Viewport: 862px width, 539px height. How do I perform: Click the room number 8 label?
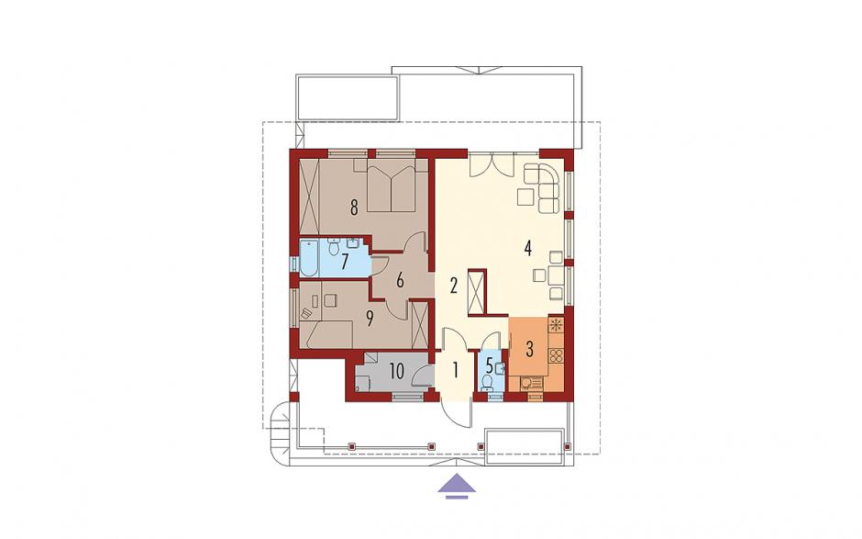click(354, 208)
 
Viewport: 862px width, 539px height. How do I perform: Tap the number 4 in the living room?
click(528, 250)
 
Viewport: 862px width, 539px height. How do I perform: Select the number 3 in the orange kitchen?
click(529, 349)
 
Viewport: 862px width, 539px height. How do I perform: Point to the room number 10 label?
click(397, 371)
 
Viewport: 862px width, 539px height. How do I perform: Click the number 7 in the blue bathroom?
click(345, 262)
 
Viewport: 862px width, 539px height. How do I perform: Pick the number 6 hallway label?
click(400, 280)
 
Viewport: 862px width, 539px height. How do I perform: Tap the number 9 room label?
click(370, 318)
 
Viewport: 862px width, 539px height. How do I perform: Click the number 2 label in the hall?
click(454, 286)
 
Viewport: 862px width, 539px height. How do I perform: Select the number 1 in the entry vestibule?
click(455, 371)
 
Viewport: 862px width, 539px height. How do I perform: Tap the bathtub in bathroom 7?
click(308, 259)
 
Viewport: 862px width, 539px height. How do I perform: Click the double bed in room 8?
click(391, 187)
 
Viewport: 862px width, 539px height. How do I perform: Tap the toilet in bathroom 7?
click(333, 247)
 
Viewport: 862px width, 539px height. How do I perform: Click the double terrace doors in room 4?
click(492, 164)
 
